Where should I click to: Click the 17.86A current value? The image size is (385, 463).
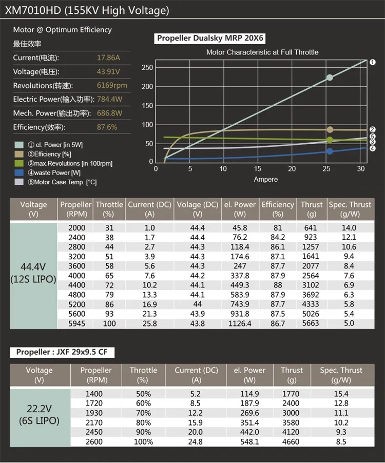click(108, 57)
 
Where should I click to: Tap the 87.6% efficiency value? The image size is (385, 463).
click(107, 127)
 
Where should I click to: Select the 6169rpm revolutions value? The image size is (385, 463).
click(112, 85)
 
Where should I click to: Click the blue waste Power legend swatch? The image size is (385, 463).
click(20, 173)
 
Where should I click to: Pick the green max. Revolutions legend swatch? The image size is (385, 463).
click(20, 163)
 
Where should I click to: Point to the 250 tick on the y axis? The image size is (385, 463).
click(147, 67)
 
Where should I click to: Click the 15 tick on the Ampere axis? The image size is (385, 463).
click(258, 169)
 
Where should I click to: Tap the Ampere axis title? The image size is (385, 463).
click(265, 179)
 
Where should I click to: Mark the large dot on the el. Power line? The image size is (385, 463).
click(330, 78)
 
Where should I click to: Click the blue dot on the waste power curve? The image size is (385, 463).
click(330, 151)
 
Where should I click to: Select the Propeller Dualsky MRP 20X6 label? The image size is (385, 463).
click(210, 38)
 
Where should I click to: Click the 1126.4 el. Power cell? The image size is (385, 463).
click(239, 323)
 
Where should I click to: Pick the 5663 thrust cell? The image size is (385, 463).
click(311, 323)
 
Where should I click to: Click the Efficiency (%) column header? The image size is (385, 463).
click(278, 209)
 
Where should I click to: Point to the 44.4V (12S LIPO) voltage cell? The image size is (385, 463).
click(33, 275)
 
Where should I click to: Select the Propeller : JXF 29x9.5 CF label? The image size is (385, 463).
click(62, 352)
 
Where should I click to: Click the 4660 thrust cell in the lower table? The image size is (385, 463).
click(292, 441)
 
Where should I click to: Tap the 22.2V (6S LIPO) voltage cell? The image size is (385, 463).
click(39, 414)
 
